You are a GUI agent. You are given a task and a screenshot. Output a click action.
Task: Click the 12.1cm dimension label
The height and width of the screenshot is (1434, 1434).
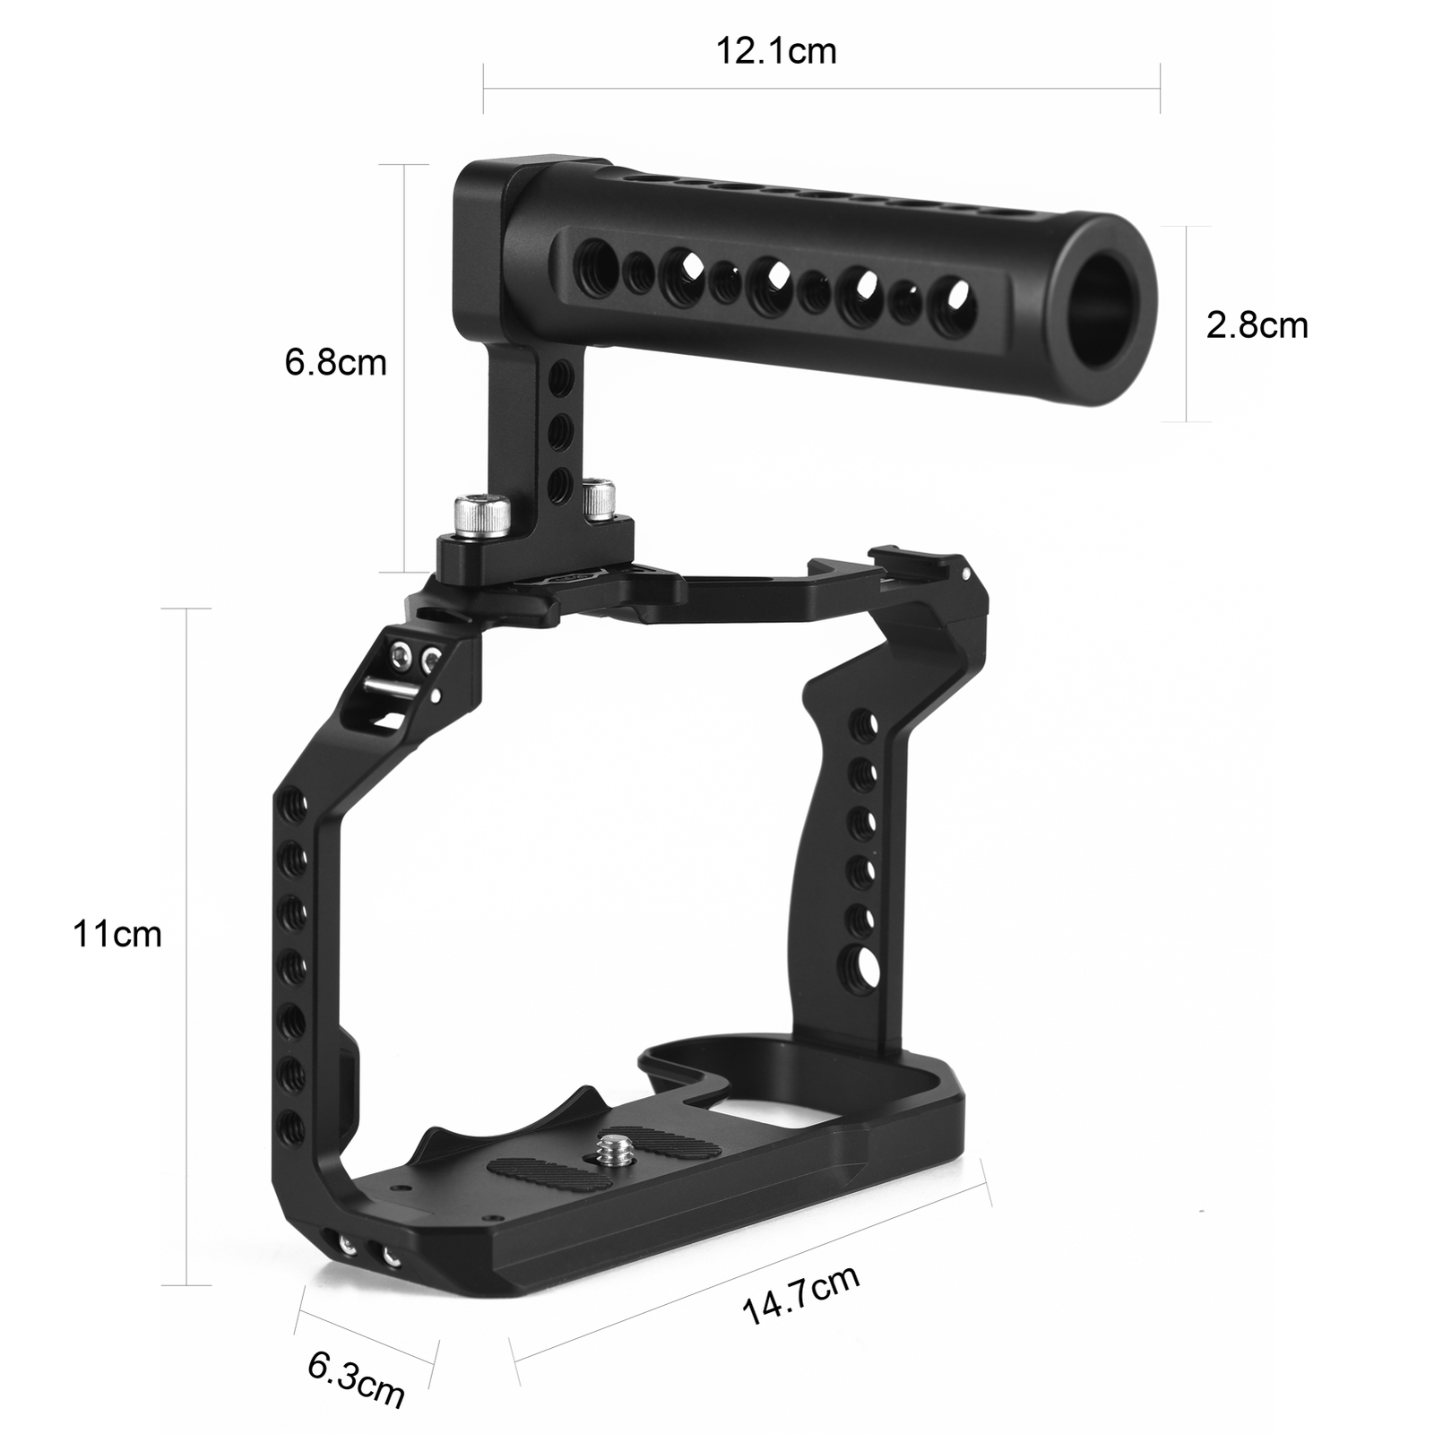coord(775,51)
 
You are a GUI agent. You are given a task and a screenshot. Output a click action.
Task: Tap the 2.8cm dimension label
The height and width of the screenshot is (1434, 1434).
coord(1257,324)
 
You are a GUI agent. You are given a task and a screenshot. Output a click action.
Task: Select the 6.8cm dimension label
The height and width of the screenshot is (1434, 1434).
coord(335,362)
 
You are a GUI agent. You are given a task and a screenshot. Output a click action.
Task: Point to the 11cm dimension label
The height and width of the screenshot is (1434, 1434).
coord(117,934)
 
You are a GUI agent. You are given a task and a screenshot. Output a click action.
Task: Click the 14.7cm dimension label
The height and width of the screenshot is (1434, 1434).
coord(800,1295)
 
